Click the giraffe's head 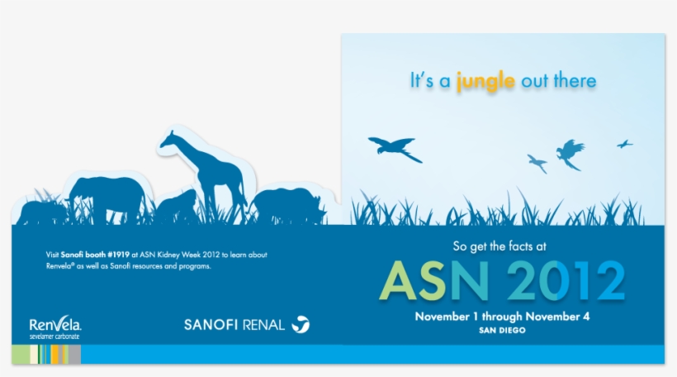click(x=169, y=138)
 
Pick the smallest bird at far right click(x=625, y=144)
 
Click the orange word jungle click(x=486, y=81)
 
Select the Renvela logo click(x=54, y=324)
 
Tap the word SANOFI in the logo click(x=211, y=325)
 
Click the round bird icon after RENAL click(x=301, y=324)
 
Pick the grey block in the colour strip click(x=74, y=355)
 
